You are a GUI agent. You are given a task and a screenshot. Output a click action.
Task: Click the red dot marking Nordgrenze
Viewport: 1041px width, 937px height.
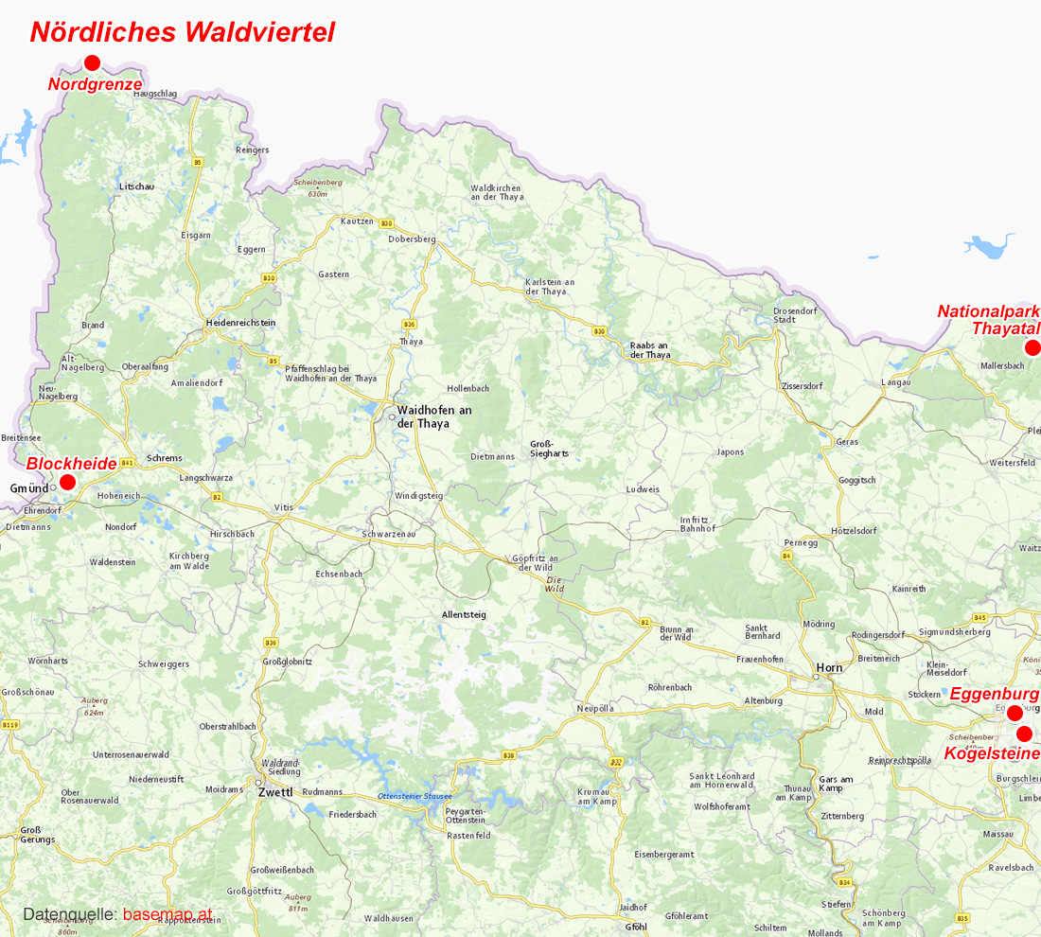tap(92, 63)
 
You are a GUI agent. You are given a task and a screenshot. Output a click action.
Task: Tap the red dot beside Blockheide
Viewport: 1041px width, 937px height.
tap(67, 482)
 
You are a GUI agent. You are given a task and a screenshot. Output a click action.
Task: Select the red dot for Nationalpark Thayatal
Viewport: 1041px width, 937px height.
tap(1032, 347)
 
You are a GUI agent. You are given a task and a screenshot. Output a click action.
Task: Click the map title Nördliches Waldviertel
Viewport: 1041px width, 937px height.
tap(183, 31)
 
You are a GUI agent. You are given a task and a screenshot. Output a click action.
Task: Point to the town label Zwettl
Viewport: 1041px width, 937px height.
tap(275, 792)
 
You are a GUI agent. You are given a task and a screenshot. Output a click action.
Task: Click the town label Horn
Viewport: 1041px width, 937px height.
tap(829, 667)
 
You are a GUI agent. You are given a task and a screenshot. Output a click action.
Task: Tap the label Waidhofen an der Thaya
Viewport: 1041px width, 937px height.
tap(434, 416)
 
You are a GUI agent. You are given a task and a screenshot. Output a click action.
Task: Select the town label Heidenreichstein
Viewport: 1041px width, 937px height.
tap(240, 323)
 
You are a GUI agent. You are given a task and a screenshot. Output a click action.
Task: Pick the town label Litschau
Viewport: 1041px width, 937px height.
tap(136, 186)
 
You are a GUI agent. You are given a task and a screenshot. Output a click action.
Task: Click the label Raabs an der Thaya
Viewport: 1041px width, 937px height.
tap(649, 350)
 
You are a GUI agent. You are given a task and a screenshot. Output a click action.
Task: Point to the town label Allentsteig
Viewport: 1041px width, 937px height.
tap(464, 614)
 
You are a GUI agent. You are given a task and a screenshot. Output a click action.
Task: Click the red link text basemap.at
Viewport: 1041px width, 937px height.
tap(168, 914)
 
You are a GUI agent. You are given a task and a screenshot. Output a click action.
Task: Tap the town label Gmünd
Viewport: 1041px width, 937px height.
tap(29, 487)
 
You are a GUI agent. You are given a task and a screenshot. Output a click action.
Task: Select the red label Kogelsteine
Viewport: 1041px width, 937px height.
tap(992, 753)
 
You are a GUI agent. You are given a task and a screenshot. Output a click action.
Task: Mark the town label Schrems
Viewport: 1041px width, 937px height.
tap(165, 458)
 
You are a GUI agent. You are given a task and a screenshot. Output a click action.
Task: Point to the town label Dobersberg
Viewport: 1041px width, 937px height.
tap(412, 239)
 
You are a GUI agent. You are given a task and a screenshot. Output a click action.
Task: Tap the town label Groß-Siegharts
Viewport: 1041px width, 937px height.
tap(549, 449)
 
